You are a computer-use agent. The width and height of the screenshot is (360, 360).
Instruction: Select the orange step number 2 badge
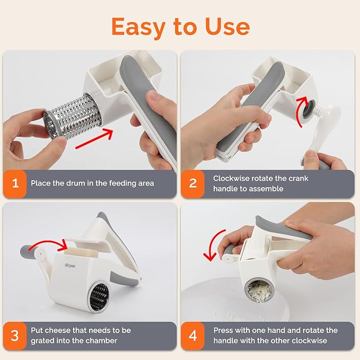(194, 183)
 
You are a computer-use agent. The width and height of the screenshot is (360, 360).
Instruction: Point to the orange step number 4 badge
(194, 336)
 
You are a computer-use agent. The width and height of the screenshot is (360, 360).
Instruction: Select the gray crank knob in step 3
(28, 251)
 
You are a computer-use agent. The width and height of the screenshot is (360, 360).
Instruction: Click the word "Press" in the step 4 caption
(224, 330)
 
